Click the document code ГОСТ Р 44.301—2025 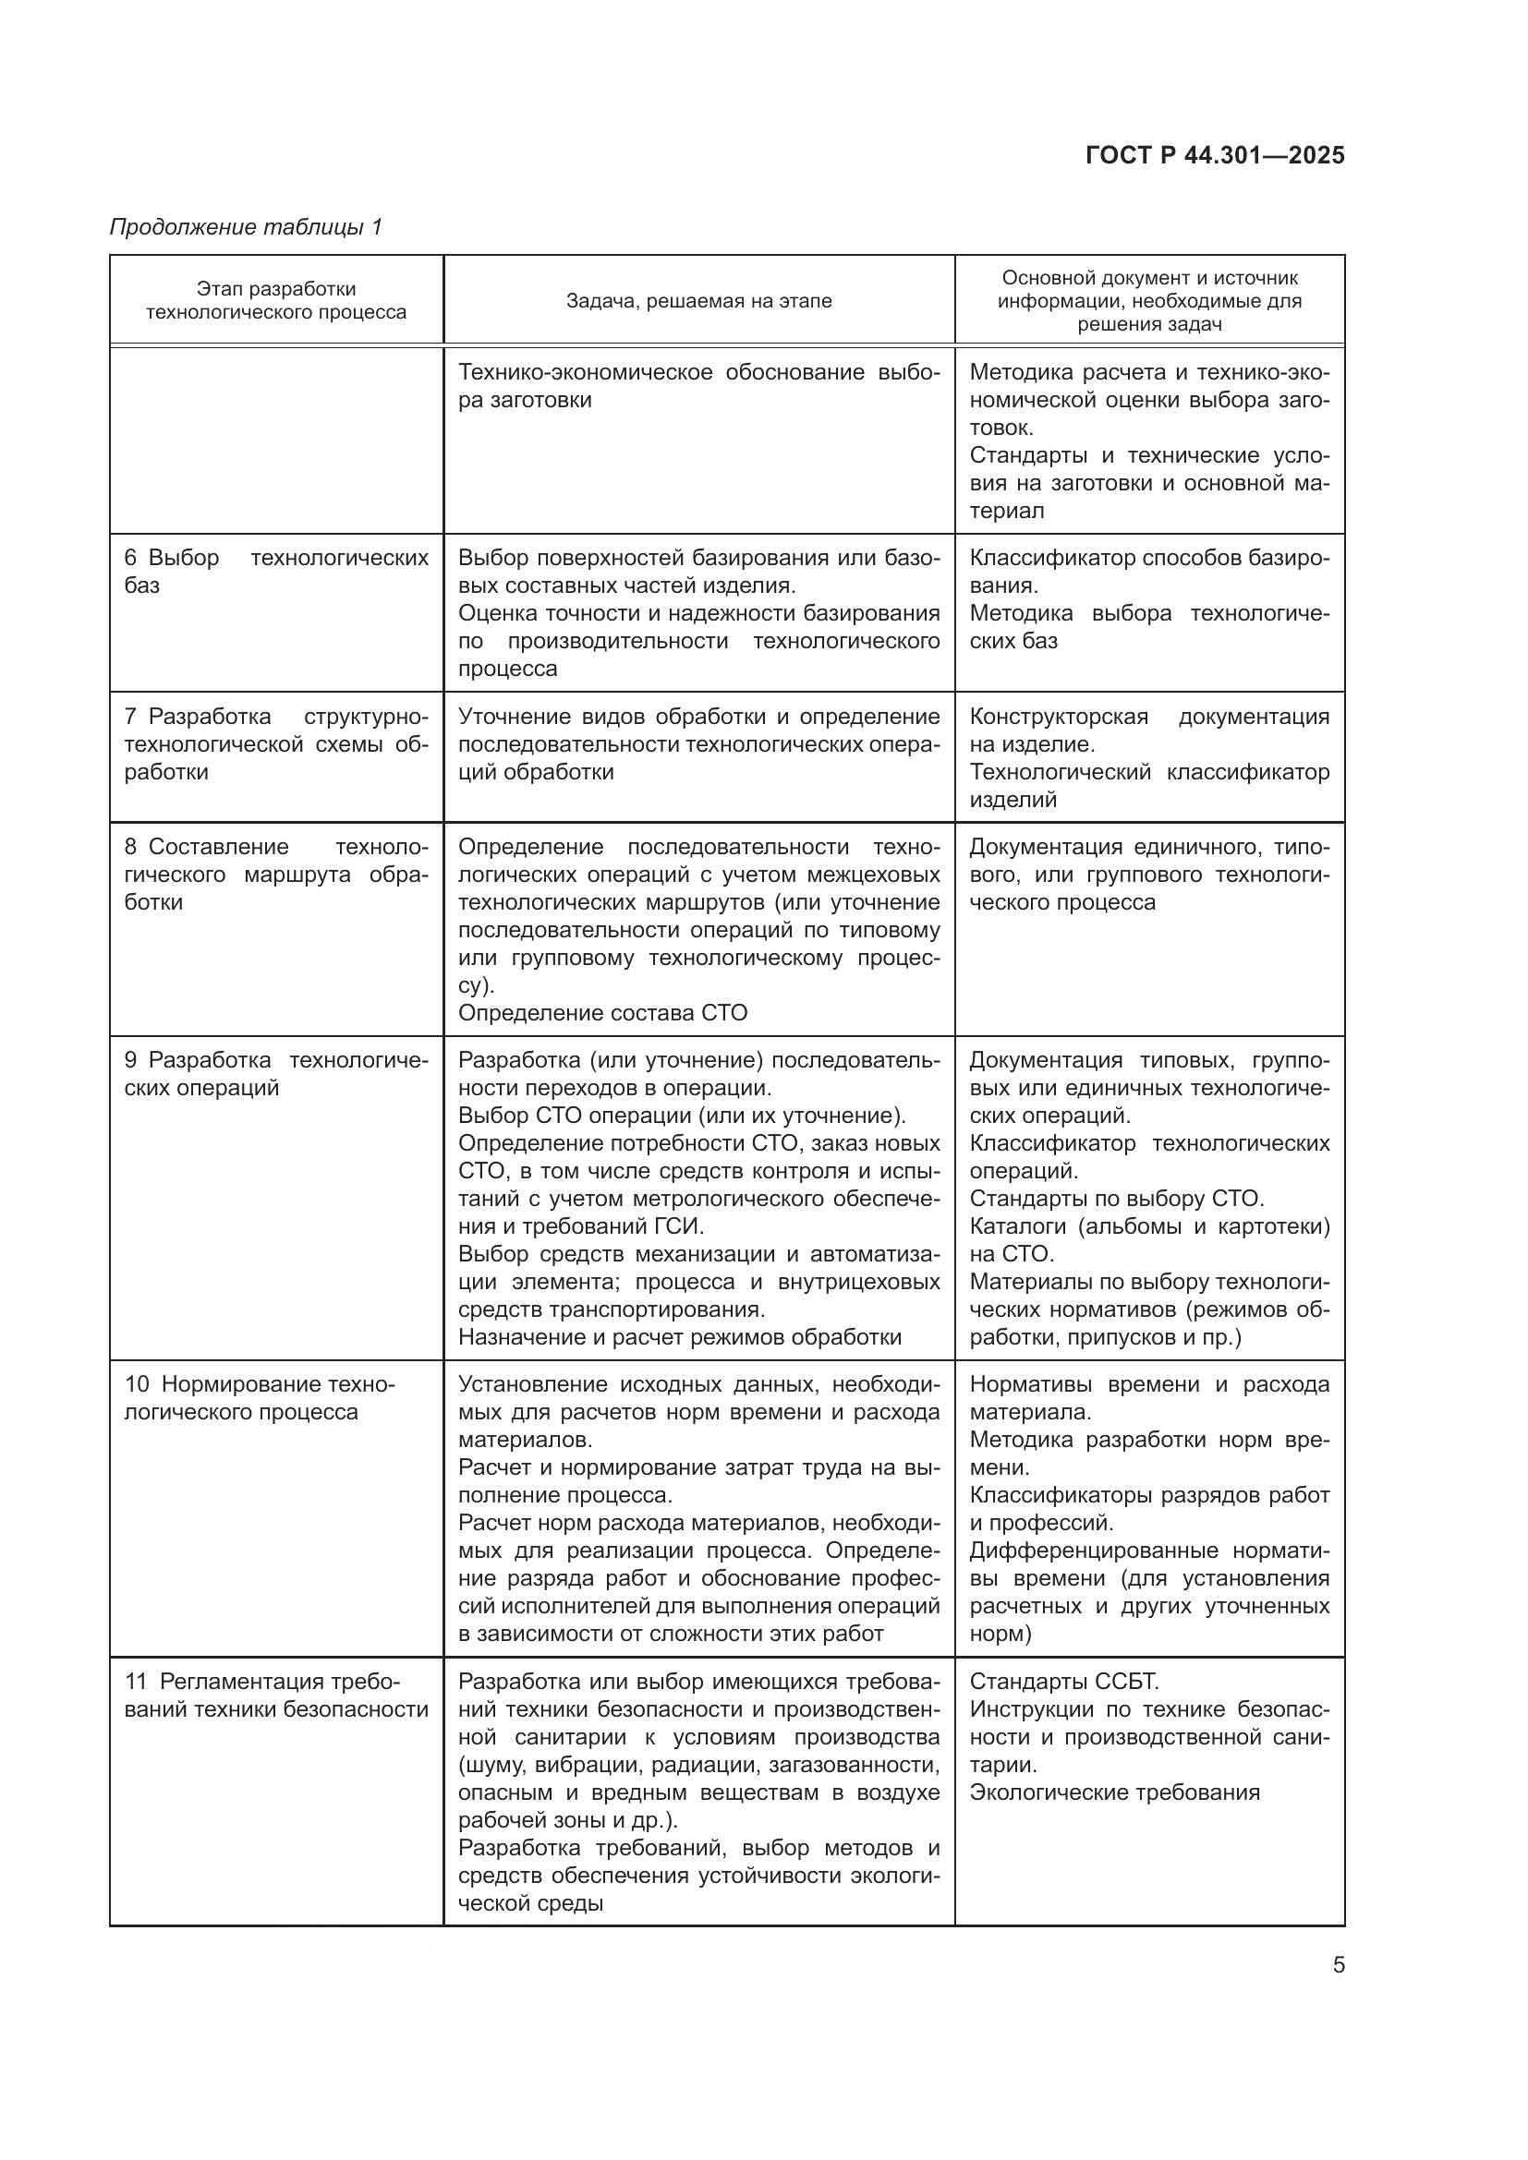[x=1215, y=155]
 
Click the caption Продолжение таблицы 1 [x=247, y=227]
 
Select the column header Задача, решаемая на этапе [x=698, y=301]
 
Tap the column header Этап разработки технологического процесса [x=275, y=300]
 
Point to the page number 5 [x=1338, y=1965]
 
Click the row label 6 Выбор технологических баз [x=275, y=571]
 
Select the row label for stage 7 [x=275, y=744]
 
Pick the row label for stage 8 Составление [x=275, y=874]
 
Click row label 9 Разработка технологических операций [x=275, y=1073]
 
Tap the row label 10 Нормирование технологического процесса [x=260, y=1398]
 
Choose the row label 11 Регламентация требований [x=275, y=1695]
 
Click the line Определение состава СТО [x=602, y=1012]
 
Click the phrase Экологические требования [x=1114, y=1792]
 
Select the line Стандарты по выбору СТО [x=1117, y=1199]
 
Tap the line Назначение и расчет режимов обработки [x=679, y=1337]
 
